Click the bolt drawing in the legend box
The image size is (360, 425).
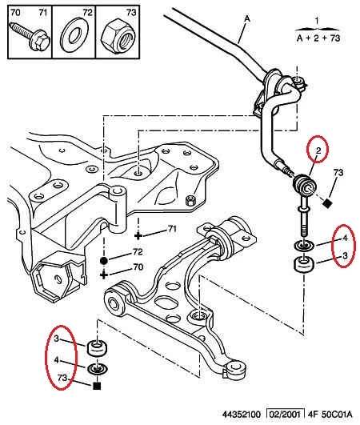click(x=30, y=38)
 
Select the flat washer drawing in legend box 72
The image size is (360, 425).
click(x=74, y=35)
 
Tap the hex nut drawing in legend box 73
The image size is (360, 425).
click(x=118, y=37)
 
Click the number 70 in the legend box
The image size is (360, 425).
click(x=15, y=13)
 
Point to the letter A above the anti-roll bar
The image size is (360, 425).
click(x=247, y=19)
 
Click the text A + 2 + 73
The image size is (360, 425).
click(x=318, y=38)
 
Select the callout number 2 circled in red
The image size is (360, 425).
click(x=318, y=150)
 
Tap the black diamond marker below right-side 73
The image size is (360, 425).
click(x=328, y=202)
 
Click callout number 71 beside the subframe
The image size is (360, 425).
click(x=172, y=229)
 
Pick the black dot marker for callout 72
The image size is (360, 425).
click(x=104, y=261)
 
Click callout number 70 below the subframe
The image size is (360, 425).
click(x=138, y=267)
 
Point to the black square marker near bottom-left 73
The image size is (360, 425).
click(x=97, y=386)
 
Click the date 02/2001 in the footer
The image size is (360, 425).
click(x=286, y=414)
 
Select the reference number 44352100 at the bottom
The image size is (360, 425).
click(x=242, y=414)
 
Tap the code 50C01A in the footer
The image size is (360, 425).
click(x=337, y=414)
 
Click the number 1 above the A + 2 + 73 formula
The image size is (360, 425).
click(x=317, y=21)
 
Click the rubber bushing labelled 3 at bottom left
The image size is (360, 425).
click(x=98, y=348)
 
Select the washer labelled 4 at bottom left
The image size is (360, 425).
click(x=98, y=369)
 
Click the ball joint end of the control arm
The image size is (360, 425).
click(x=234, y=368)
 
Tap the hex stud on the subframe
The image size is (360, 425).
click(x=190, y=200)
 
